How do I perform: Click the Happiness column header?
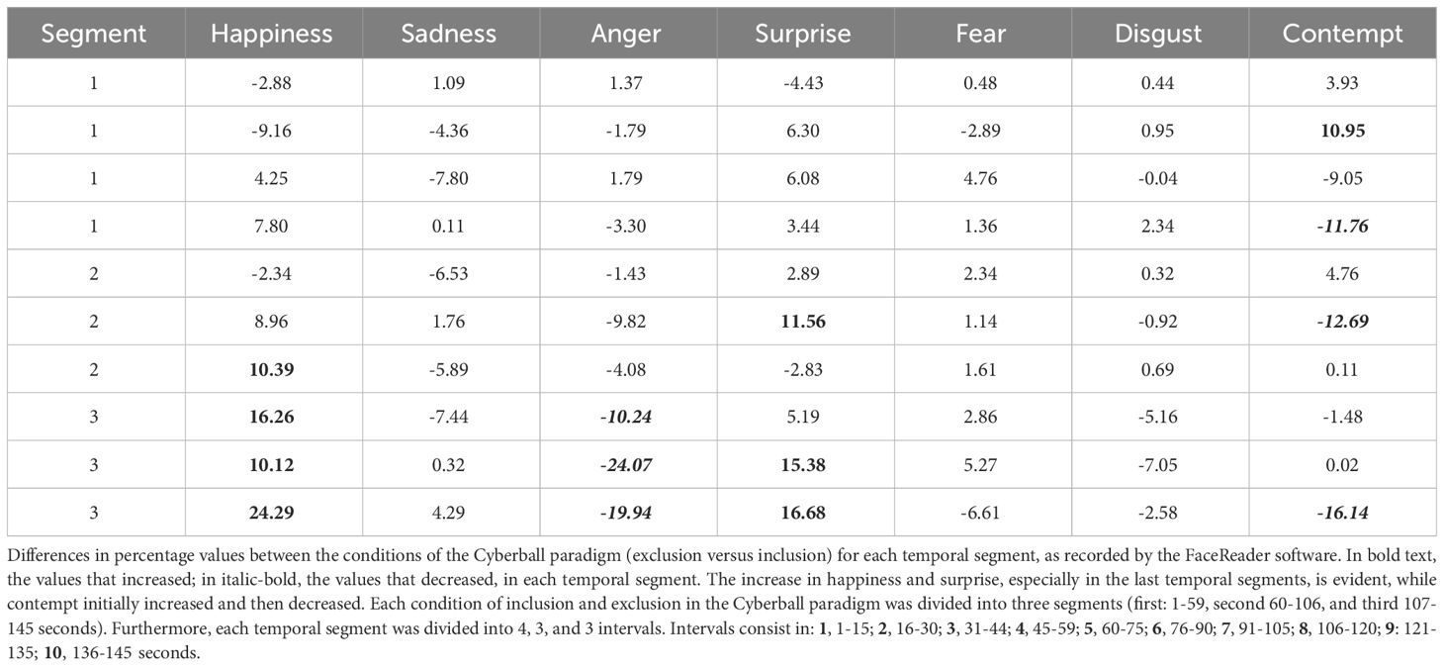[273, 34]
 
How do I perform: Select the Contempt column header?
[1342, 34]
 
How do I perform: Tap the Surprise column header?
[802, 34]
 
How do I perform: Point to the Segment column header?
[95, 34]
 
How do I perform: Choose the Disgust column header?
[1157, 34]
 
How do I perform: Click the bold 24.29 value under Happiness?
[273, 512]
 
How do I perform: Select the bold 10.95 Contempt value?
[1342, 131]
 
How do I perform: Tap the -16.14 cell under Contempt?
[1342, 512]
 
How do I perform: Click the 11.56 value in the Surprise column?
[802, 321]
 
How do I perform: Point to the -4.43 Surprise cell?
[802, 83]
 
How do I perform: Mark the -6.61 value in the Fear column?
[981, 512]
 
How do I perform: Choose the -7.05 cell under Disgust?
[1157, 464]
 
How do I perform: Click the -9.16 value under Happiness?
[273, 131]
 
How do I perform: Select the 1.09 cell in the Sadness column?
[449, 83]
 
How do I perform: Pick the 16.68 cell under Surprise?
[802, 512]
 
